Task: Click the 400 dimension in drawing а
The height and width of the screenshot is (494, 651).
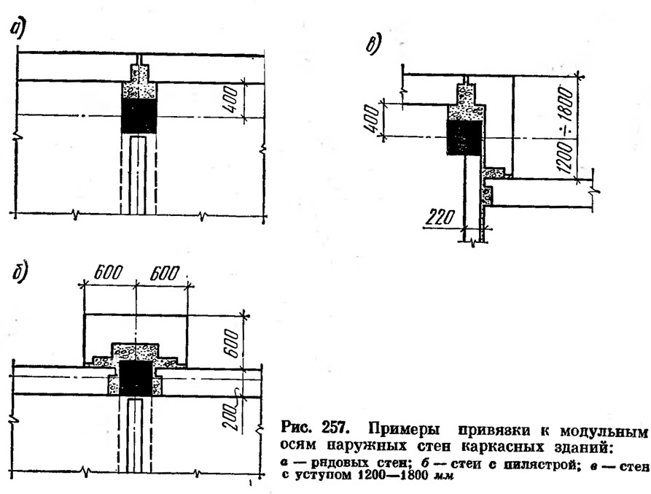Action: coord(231,100)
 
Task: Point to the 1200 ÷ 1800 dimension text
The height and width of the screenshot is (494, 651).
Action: coord(566,129)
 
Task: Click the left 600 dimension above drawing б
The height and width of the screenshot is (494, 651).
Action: coord(109,273)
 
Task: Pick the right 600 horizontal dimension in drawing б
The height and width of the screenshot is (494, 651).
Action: coord(165,274)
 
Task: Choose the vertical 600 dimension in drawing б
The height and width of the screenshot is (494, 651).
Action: coord(232,343)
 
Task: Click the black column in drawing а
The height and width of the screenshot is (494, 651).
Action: coord(139,116)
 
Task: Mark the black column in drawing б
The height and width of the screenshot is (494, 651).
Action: coord(136,378)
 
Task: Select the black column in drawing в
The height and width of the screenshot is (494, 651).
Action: coord(464,137)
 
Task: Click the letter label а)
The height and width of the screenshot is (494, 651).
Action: coord(17,29)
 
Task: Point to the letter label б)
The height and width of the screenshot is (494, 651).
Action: coord(19,274)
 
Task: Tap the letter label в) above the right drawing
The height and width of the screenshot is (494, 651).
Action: coord(373,45)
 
